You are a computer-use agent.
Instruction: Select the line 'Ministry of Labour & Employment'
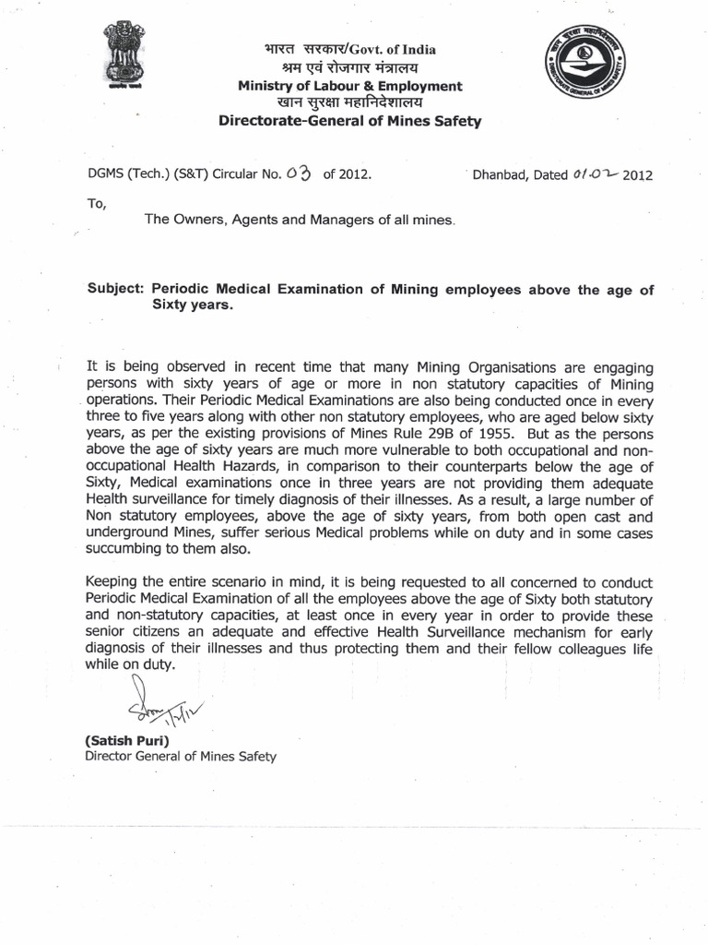[349, 86]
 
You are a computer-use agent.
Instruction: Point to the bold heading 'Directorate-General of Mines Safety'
[348, 121]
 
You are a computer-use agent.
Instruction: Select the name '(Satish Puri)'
[125, 740]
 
